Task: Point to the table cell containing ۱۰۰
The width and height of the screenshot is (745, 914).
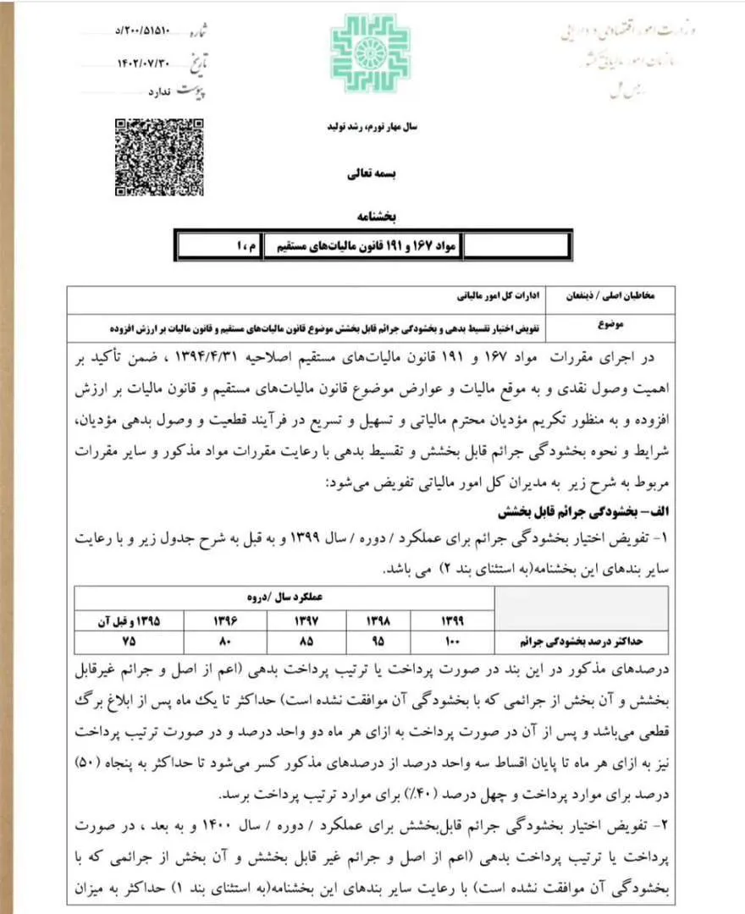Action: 453,640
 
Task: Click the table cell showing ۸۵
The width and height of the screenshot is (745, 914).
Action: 284,640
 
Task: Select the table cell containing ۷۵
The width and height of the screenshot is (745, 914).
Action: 129,640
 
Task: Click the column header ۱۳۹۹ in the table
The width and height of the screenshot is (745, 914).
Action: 453,620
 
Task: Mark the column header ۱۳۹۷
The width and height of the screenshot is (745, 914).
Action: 284,620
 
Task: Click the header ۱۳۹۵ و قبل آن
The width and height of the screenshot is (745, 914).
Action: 129,620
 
